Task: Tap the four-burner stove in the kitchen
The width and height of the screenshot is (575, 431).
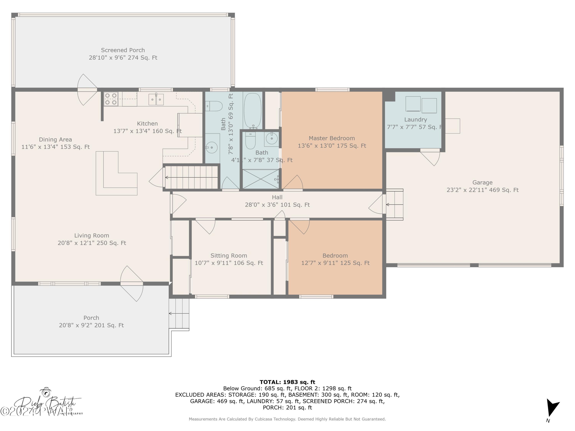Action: (x=111, y=99)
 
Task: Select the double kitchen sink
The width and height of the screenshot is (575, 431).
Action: (x=156, y=99)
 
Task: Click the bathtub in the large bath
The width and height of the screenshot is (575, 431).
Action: (x=252, y=110)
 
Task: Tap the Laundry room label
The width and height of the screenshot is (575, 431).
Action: (x=415, y=120)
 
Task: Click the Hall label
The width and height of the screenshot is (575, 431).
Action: (x=277, y=197)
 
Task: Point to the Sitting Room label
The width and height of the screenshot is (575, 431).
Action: (x=228, y=255)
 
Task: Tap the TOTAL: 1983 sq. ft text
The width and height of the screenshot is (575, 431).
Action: (x=287, y=382)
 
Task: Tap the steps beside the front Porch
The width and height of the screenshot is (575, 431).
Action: (x=179, y=314)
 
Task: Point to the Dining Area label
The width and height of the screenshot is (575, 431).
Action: (x=55, y=140)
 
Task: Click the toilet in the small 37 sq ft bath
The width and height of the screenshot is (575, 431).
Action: (x=250, y=140)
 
